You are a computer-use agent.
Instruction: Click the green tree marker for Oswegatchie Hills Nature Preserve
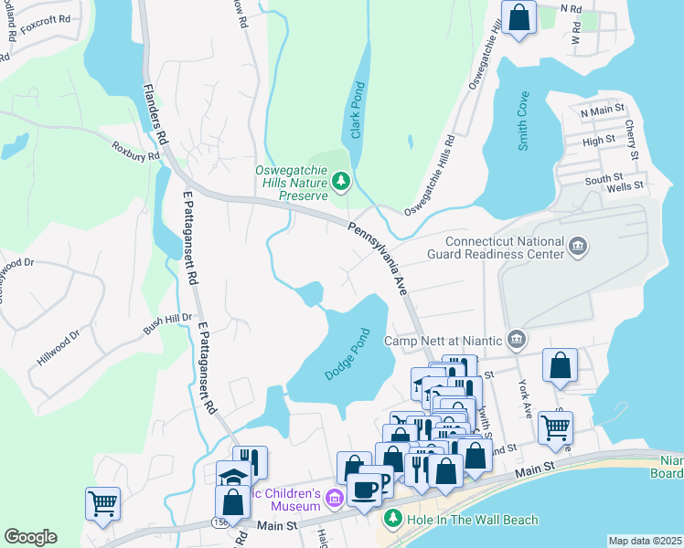tap(341, 183)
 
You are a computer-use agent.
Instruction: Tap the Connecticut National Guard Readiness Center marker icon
tap(577, 247)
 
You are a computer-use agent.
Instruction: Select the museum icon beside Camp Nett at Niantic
tap(517, 341)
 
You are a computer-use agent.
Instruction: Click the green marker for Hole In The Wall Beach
tap(392, 520)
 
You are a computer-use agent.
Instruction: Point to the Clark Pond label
tap(357, 120)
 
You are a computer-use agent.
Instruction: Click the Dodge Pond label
tap(348, 355)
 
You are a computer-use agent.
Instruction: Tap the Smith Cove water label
tap(523, 119)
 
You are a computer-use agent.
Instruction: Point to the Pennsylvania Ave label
tap(375, 258)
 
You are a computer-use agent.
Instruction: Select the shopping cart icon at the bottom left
tap(102, 502)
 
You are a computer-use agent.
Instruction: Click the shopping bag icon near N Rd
tap(518, 18)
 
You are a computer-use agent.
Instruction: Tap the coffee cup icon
tap(364, 490)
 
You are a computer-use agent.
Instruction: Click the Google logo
tap(30, 537)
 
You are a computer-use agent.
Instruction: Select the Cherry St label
tap(631, 122)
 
